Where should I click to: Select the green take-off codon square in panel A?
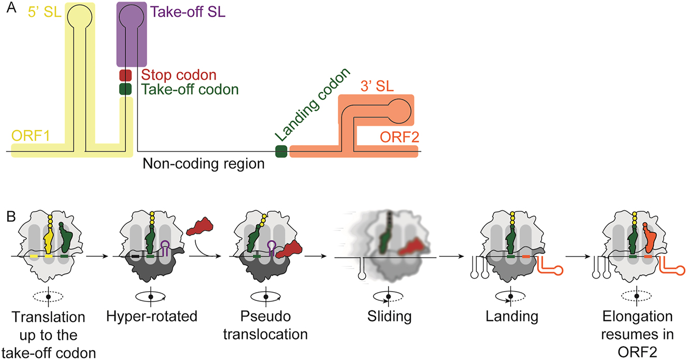125,89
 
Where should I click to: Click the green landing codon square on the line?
281,151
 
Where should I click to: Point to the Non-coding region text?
204,164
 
